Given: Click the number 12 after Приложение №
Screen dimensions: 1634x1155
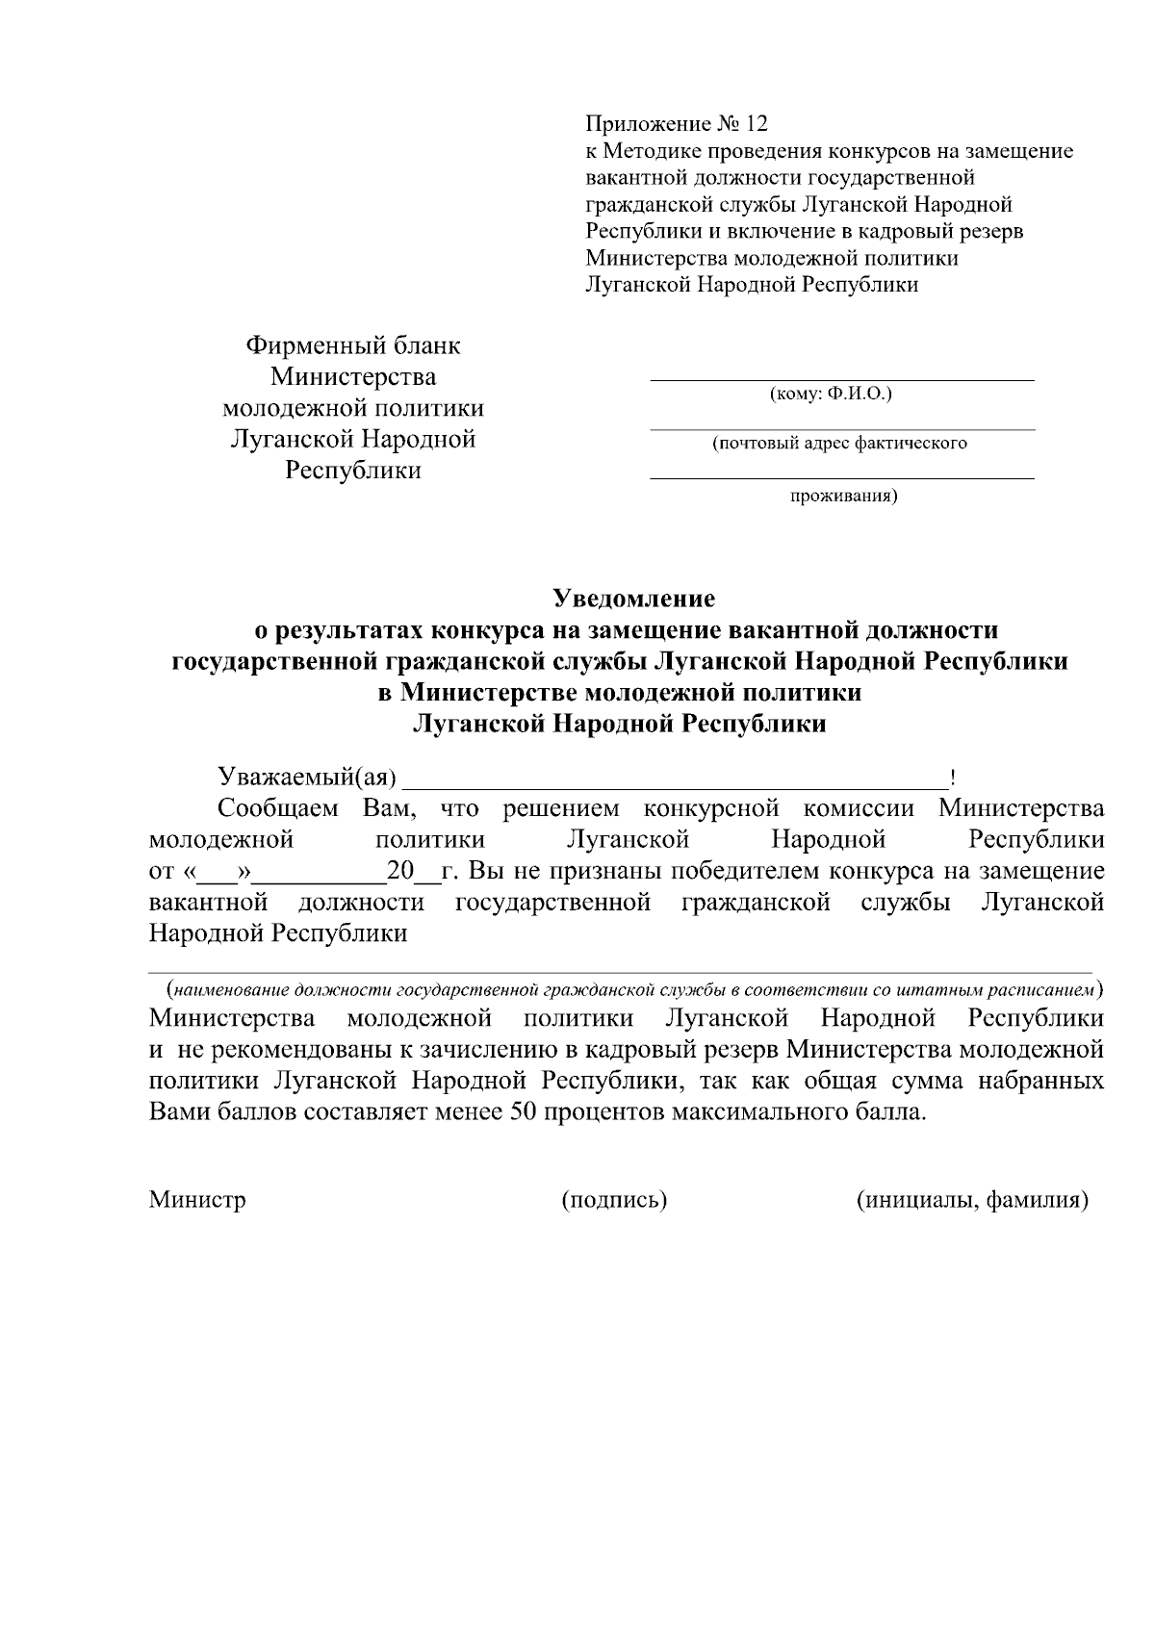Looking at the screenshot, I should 757,124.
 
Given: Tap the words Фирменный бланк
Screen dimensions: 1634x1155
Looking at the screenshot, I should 353,345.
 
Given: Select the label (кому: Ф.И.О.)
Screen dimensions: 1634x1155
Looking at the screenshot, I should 831,395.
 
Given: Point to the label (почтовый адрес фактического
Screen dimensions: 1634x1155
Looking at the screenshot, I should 839,444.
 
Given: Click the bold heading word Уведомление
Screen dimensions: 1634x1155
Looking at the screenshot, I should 633,599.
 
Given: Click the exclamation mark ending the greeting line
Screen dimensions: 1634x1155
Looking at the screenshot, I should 951,778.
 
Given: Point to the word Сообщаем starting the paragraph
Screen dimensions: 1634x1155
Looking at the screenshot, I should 277,808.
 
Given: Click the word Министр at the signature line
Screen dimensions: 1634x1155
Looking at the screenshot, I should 197,1200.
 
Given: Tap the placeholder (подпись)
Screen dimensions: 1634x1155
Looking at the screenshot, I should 614,1200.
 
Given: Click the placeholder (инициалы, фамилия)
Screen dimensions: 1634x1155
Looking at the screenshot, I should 972,1200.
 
